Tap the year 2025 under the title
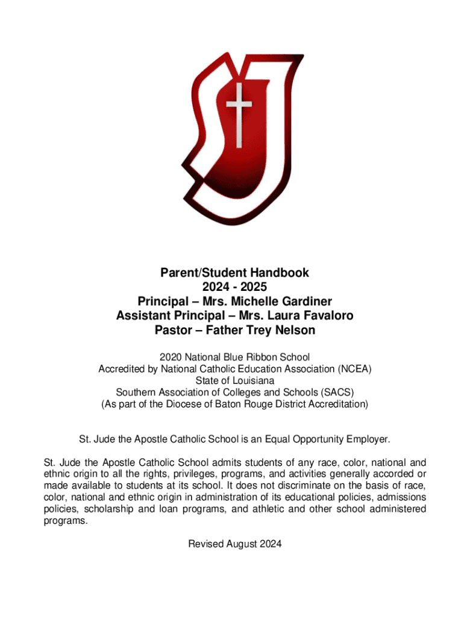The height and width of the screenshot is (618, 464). tap(252, 287)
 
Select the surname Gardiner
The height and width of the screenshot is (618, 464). tap(304, 301)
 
